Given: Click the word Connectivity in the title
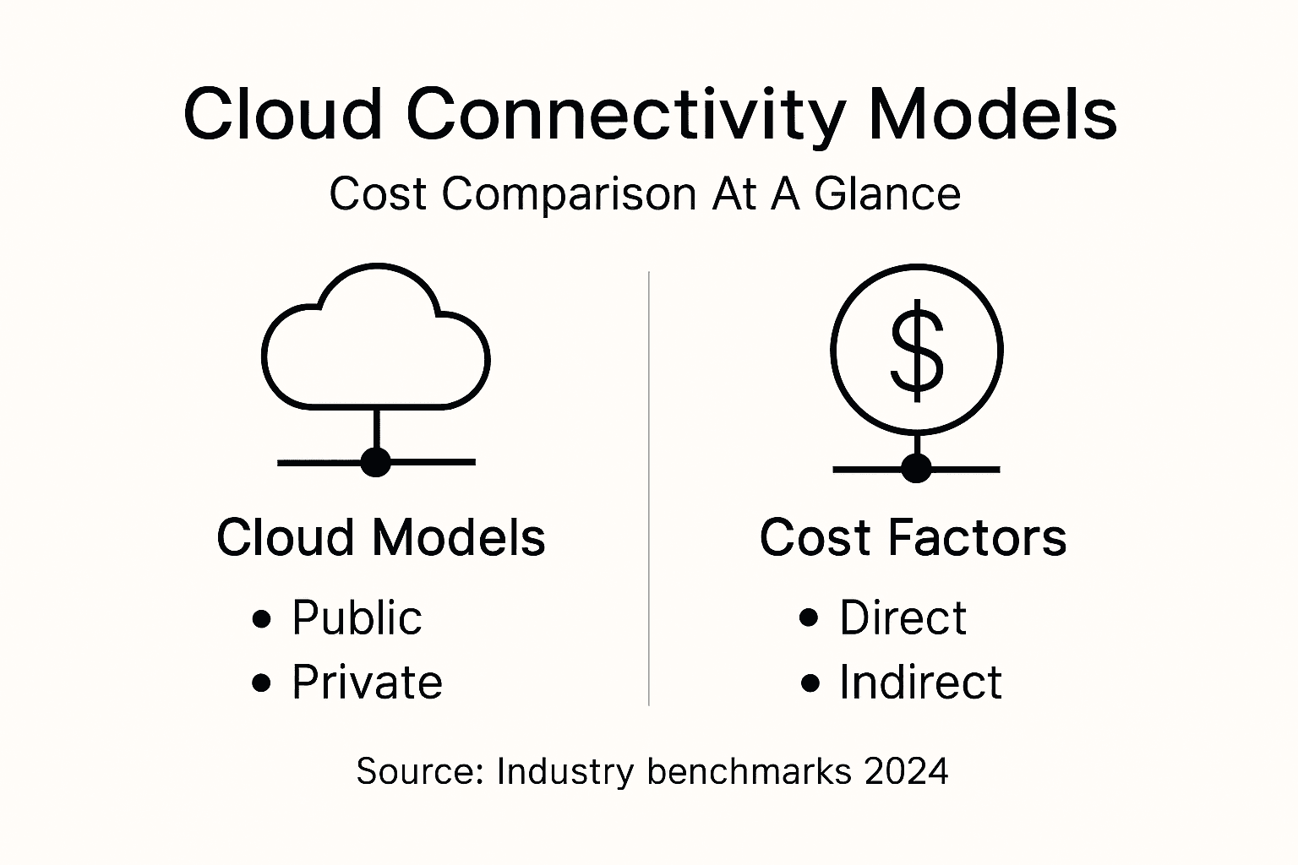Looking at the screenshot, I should [x=624, y=114].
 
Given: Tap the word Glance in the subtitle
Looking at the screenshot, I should [x=887, y=193].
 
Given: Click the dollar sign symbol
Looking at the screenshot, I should [x=917, y=350].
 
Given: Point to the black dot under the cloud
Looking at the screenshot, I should [x=375, y=462].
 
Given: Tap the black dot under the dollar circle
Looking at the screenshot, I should [x=916, y=468].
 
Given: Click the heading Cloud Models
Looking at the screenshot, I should [x=380, y=537].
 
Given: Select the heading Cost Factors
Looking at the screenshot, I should [x=913, y=537].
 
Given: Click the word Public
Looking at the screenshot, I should [x=357, y=618].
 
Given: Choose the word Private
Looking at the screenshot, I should [x=367, y=683].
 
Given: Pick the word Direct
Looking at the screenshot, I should [x=903, y=618].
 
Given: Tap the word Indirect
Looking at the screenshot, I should [x=920, y=683].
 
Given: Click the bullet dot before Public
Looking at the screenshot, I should [x=262, y=619].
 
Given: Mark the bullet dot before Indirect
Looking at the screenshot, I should [x=810, y=683].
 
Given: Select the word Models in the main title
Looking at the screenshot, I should [x=993, y=114].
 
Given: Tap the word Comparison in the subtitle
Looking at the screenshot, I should [x=569, y=193].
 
